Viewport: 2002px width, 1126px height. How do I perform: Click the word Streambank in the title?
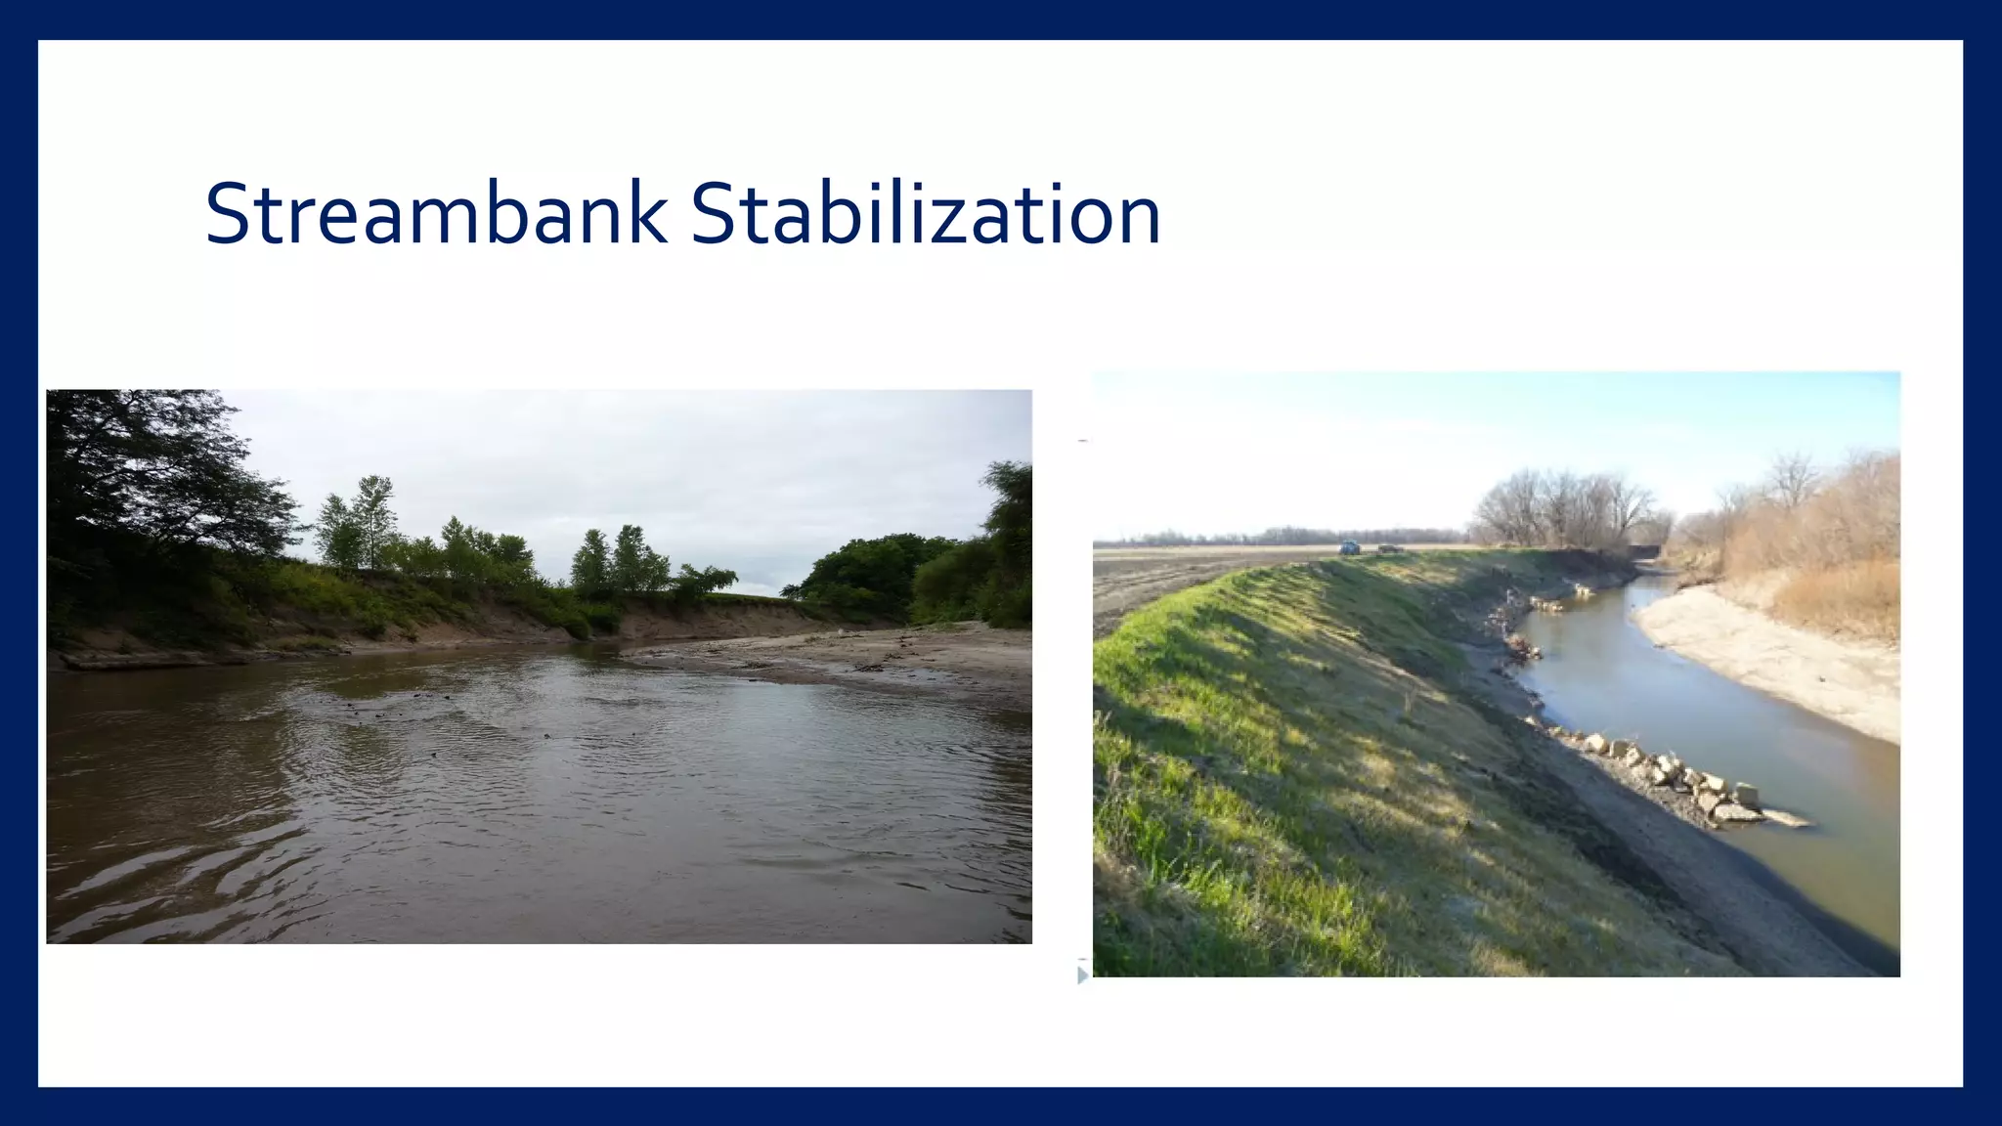point(436,214)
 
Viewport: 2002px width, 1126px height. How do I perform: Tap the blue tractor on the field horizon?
point(1349,548)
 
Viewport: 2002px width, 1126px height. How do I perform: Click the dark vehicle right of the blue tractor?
point(1387,549)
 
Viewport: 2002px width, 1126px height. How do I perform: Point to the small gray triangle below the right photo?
point(1082,975)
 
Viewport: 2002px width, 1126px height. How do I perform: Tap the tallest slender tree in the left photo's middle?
point(373,518)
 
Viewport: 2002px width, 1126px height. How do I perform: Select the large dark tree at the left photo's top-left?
point(147,469)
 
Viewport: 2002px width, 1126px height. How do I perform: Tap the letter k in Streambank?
point(648,214)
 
